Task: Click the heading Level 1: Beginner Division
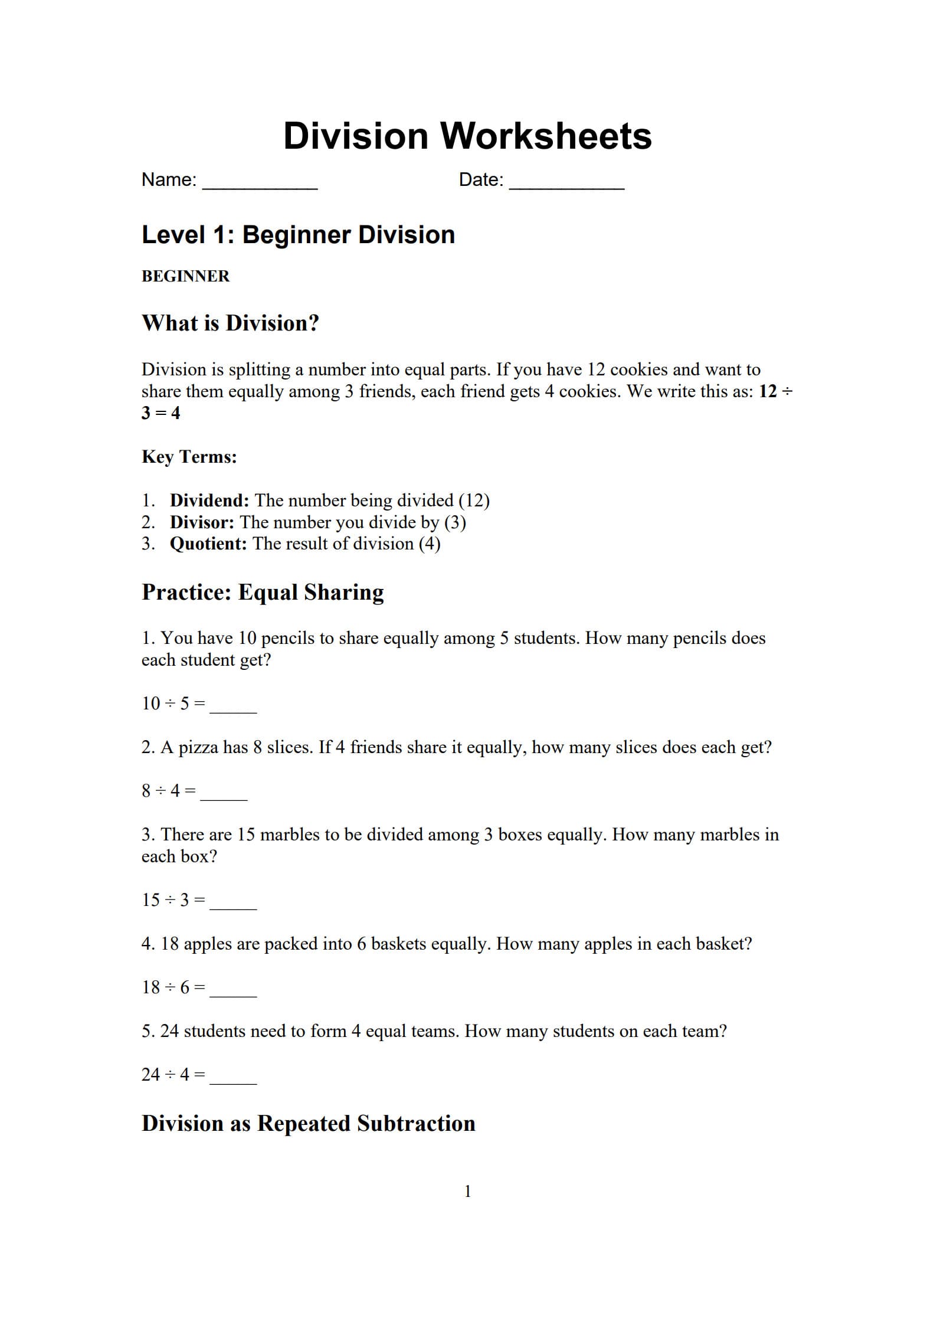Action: point(298,235)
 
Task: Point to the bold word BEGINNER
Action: point(185,276)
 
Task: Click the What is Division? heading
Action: point(230,323)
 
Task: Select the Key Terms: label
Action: point(189,457)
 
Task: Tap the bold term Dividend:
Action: point(209,500)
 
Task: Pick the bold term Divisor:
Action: point(202,522)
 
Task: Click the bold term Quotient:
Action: point(208,544)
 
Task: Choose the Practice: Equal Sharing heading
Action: point(263,592)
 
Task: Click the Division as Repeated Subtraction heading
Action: point(308,1124)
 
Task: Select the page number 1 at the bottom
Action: point(468,1192)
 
